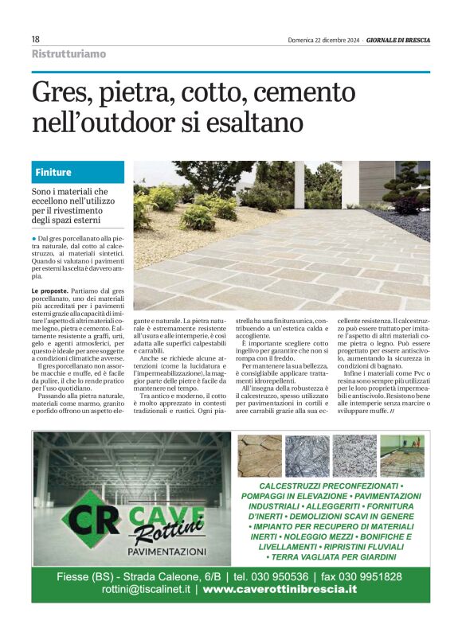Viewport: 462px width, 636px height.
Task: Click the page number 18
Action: coord(36,40)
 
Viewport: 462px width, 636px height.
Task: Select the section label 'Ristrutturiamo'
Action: coord(69,54)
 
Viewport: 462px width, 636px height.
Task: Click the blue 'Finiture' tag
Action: coord(53,172)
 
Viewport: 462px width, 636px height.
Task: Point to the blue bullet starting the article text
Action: coord(34,238)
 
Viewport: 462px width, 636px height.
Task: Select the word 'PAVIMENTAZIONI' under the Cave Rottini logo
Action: coord(166,551)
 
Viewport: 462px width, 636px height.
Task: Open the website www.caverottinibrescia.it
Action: coord(280,590)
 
